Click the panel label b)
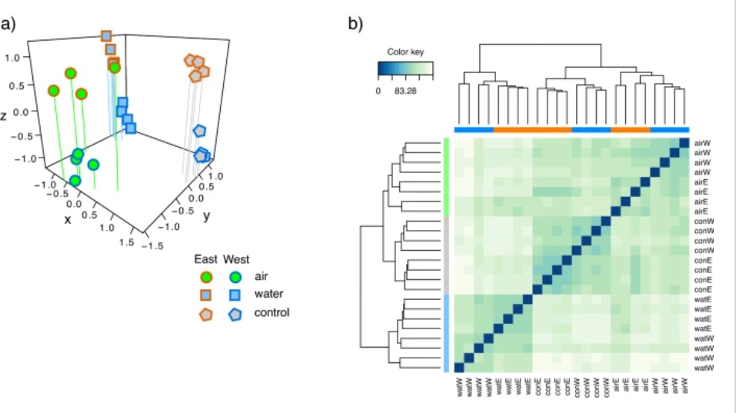356,24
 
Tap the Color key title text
405,52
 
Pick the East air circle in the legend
206,277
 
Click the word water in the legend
268,295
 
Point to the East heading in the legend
205,258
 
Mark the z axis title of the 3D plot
5,116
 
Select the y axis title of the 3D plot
206,216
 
